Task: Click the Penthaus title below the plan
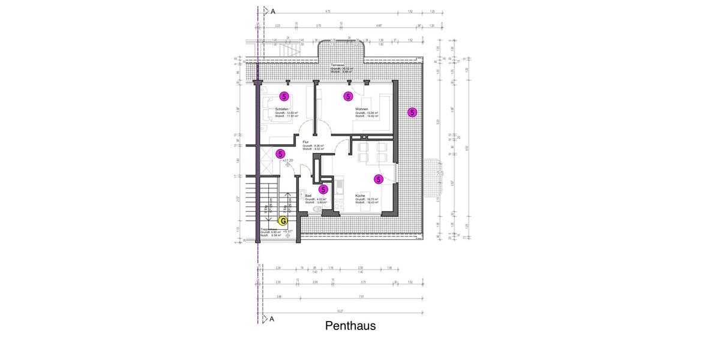(x=350, y=326)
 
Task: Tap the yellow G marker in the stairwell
(x=284, y=221)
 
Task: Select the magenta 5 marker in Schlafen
(x=284, y=96)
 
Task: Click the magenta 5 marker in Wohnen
(x=347, y=96)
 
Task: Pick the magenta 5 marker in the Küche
(x=378, y=179)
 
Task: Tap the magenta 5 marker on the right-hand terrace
(x=412, y=112)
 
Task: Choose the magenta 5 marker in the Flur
(x=280, y=154)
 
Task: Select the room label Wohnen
(x=361, y=109)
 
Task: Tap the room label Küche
(x=360, y=196)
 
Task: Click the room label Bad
(x=308, y=196)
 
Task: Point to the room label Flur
(x=305, y=142)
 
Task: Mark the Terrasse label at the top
(x=337, y=65)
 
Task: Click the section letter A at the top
(x=272, y=11)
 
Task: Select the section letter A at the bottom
(x=272, y=319)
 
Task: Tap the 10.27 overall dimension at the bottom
(x=340, y=311)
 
